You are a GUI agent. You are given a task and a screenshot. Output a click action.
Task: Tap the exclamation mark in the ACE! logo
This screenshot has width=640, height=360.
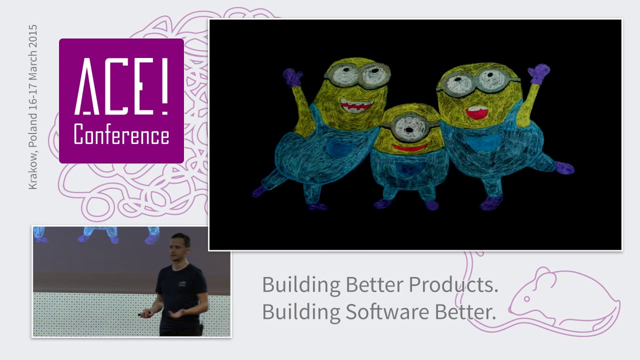click(164, 86)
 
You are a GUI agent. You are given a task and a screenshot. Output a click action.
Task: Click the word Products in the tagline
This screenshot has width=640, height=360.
click(453, 284)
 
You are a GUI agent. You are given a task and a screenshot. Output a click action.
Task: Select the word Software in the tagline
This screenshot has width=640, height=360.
click(387, 311)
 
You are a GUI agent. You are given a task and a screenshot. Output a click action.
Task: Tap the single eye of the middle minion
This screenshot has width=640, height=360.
click(409, 129)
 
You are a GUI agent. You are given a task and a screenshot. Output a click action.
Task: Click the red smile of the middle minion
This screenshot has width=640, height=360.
click(409, 147)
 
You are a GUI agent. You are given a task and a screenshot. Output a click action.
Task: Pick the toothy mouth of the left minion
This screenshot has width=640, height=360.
click(356, 105)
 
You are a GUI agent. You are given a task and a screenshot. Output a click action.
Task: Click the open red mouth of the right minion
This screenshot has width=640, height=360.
click(476, 112)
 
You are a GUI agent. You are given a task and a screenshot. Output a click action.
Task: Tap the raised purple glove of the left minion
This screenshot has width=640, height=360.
click(292, 77)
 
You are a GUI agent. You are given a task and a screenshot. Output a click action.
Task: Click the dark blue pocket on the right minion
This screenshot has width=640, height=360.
click(483, 142)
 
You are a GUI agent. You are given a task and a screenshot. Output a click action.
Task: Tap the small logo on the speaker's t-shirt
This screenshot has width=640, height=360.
click(182, 283)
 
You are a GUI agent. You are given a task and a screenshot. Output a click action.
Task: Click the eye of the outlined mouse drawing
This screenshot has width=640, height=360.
click(526, 299)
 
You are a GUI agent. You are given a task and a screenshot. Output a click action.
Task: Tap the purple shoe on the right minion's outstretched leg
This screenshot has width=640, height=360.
click(564, 168)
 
